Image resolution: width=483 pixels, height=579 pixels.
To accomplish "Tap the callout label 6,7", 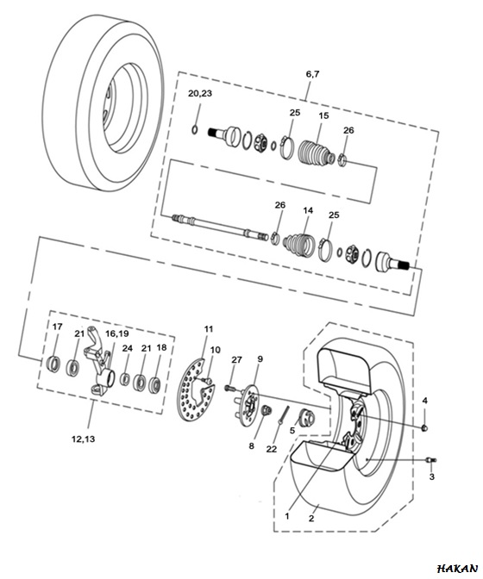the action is tap(312, 74).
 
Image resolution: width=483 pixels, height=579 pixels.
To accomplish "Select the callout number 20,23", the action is tap(200, 93).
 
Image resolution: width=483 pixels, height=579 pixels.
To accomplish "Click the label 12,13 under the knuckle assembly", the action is tap(83, 439).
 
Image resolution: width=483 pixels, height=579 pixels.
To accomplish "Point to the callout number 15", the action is tap(323, 115).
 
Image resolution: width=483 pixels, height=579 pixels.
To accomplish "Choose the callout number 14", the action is tap(308, 210).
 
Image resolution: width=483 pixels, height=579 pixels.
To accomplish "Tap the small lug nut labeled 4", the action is tap(424, 427).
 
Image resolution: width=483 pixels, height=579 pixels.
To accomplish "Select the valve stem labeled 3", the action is tap(431, 460).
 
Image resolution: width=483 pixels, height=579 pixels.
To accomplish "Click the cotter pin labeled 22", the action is tap(283, 415).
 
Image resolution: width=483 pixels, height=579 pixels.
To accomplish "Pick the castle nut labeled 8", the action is tap(266, 410).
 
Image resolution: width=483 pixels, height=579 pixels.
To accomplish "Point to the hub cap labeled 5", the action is tap(307, 418).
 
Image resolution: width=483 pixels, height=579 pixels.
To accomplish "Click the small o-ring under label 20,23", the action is tap(195, 130).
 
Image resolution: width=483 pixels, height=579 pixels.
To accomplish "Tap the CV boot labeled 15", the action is tap(317, 152).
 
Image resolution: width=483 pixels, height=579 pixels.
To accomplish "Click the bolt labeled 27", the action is tap(230, 388).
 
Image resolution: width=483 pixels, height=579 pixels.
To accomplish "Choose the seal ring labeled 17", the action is tap(54, 363).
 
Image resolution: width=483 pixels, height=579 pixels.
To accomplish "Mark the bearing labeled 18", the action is tap(154, 384).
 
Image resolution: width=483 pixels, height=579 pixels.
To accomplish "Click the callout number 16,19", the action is tap(117, 333).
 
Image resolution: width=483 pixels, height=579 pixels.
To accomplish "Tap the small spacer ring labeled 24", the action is tap(126, 379).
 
